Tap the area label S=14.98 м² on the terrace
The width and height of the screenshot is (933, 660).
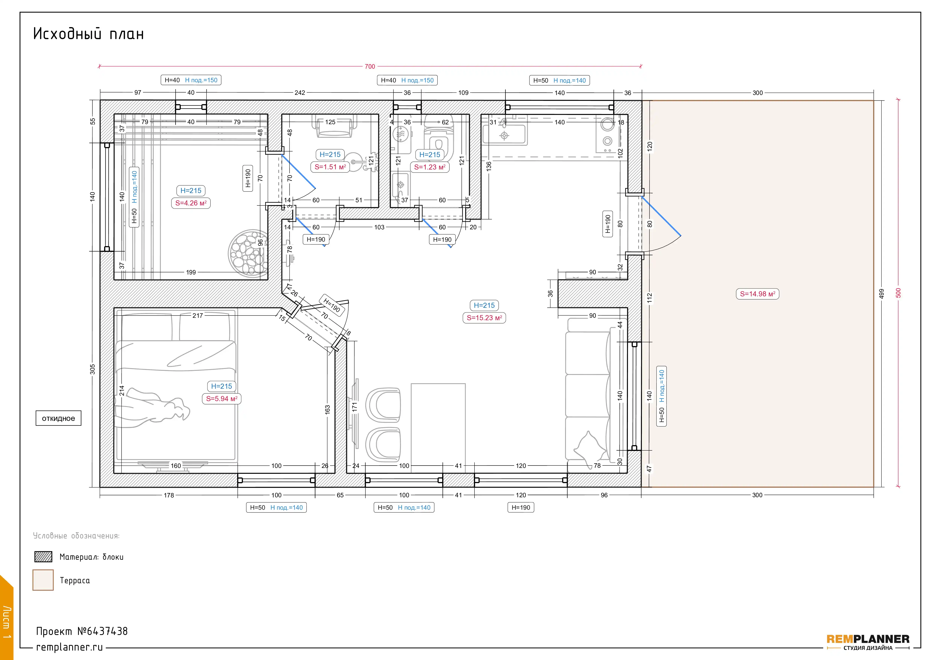click(x=758, y=294)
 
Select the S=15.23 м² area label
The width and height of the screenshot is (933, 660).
click(x=484, y=318)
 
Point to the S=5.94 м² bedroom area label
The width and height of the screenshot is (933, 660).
click(x=222, y=399)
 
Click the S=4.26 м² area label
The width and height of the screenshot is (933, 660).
click(x=191, y=203)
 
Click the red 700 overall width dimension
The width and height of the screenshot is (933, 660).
click(x=370, y=66)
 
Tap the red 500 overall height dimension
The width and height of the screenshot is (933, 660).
click(x=898, y=293)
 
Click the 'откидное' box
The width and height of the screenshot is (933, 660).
click(x=58, y=418)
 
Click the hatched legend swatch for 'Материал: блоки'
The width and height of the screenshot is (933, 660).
click(x=43, y=557)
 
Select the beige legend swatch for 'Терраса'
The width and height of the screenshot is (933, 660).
click(x=43, y=580)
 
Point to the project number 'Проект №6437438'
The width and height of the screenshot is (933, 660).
click(x=82, y=631)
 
